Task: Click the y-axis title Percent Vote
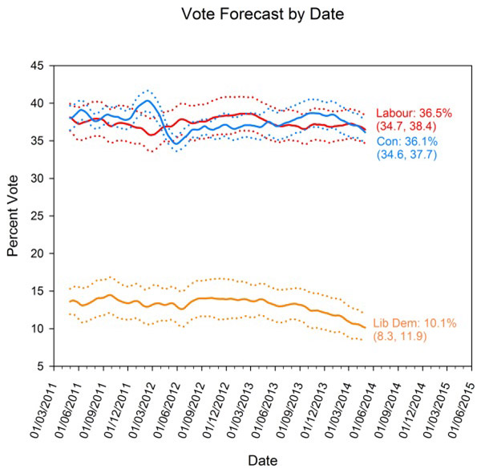click(x=14, y=216)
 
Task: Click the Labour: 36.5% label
click(x=416, y=113)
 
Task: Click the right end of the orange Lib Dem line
click(x=366, y=328)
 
